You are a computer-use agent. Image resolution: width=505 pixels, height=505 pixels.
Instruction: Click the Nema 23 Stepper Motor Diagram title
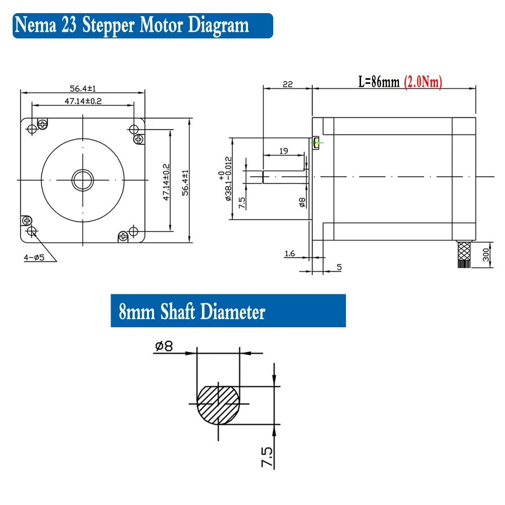pos(132,25)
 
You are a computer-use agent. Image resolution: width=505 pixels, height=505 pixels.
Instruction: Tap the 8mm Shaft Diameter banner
pos(192,312)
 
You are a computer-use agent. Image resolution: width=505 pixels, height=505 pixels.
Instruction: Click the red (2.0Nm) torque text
pos(423,82)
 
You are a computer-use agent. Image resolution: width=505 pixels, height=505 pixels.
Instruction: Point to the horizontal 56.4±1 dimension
pos(83,88)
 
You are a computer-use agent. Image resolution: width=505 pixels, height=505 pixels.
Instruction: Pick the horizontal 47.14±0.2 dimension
pos(83,101)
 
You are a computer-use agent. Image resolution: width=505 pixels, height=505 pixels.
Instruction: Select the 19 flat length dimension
pos(284,151)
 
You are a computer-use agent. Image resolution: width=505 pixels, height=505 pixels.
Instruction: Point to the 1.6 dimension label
pos(289,254)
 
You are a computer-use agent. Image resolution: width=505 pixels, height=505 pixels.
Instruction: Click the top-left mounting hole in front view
pos(32,129)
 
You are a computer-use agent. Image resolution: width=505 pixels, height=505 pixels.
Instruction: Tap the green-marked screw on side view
pos(317,142)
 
